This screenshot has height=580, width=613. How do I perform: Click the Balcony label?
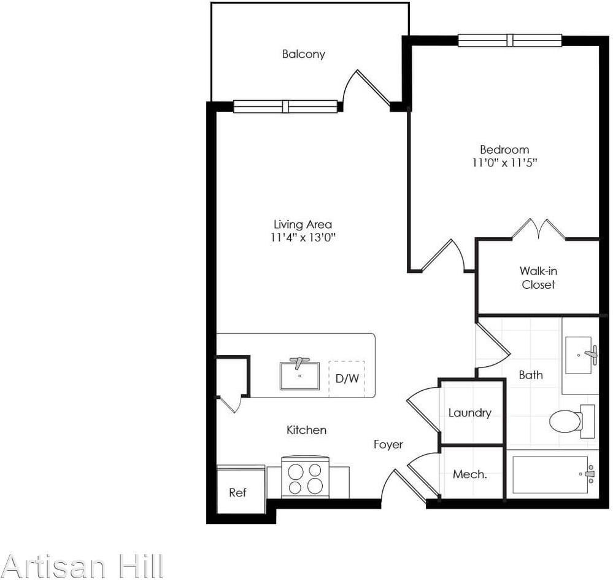point(303,54)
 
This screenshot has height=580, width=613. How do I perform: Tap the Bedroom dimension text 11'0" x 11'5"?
point(504,163)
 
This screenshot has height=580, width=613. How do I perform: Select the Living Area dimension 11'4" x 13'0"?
point(303,238)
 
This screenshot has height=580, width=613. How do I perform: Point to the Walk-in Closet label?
point(538,277)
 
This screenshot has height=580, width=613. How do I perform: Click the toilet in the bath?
point(566,421)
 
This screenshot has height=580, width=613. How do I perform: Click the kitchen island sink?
point(299,375)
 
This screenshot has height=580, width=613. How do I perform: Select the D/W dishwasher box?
point(347,378)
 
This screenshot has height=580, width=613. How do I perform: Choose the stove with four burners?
point(305,478)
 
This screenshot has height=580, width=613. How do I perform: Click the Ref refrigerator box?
point(237,492)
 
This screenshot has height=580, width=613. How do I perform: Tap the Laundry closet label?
point(469,413)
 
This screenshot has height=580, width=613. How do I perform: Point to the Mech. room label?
point(469,474)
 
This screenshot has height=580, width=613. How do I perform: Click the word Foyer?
point(388,444)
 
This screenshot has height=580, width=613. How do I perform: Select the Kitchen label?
point(306,430)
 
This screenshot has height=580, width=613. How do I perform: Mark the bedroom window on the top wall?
point(509,41)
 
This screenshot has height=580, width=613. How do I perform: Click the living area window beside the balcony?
point(285,106)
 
